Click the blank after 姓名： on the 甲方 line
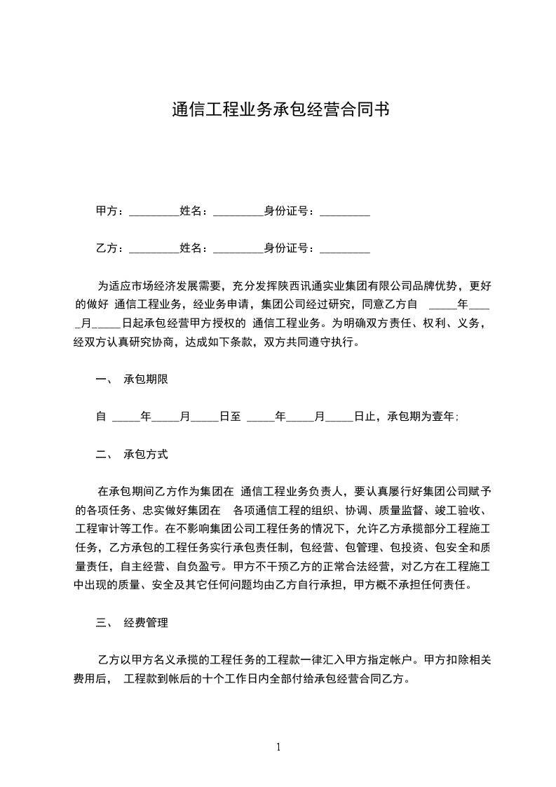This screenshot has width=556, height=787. click(x=237, y=212)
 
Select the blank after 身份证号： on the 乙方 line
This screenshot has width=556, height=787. click(x=344, y=249)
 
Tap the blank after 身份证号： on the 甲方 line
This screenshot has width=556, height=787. click(x=344, y=212)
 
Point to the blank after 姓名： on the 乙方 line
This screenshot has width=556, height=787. click(x=237, y=249)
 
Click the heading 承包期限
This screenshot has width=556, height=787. click(x=146, y=379)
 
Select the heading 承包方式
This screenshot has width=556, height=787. click(x=146, y=454)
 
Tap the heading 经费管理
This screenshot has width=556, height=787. click(x=146, y=622)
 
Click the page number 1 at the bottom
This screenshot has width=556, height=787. click(x=278, y=747)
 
